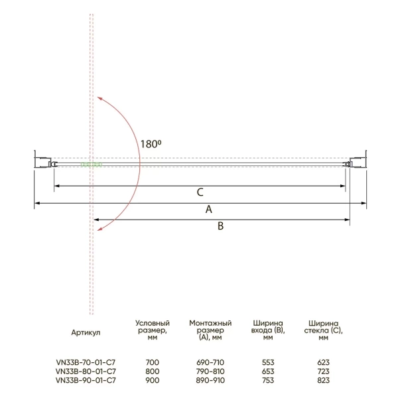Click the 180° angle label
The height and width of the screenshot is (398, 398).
[151, 144]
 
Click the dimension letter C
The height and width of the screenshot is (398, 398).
[200, 192]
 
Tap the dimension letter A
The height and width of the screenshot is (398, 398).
[209, 209]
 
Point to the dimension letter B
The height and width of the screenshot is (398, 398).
[221, 226]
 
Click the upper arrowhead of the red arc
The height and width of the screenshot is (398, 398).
[99, 99]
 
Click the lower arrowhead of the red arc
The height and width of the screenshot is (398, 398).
[99, 229]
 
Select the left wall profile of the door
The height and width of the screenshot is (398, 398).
[42, 162]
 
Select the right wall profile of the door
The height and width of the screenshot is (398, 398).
[358, 162]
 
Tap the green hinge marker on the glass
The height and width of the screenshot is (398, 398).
[92, 165]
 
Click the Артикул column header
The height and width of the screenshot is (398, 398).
[86, 332]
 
